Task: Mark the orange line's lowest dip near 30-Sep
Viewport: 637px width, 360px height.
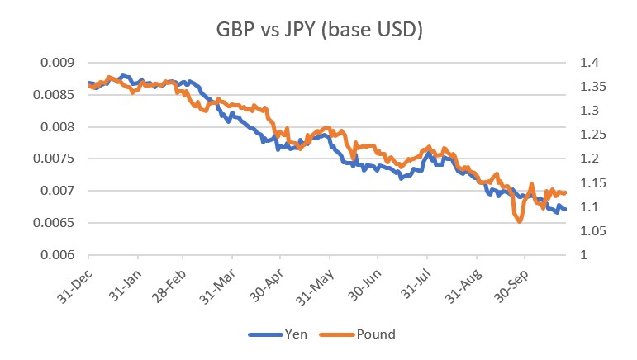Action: tap(520, 221)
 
